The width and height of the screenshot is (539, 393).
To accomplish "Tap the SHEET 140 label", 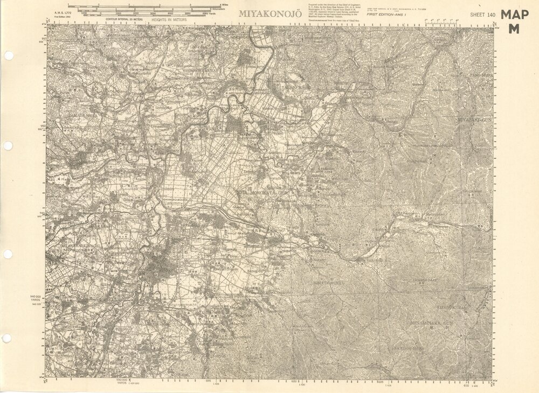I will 482,15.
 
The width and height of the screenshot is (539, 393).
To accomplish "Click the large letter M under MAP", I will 514,30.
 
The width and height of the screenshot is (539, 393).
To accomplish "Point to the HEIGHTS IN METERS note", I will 169,19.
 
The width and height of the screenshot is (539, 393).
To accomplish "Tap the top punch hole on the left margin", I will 8,55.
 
